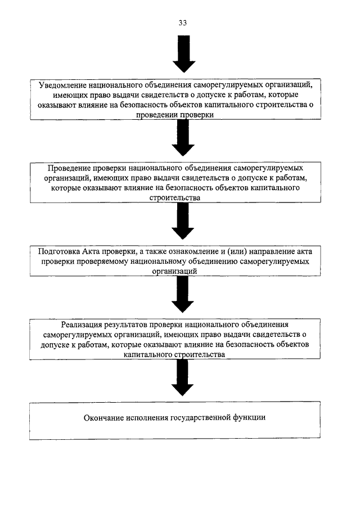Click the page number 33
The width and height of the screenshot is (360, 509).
coord(182,22)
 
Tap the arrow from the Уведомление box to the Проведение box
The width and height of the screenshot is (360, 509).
coord(183,138)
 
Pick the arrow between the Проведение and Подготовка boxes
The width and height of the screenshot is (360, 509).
coord(183,221)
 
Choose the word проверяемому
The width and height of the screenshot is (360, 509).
coord(102,262)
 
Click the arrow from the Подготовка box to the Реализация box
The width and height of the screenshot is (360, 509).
coord(182,294)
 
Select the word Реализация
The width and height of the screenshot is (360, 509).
coord(81,325)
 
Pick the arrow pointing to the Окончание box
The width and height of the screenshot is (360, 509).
coord(182,377)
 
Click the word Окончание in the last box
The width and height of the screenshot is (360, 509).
coord(103,417)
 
